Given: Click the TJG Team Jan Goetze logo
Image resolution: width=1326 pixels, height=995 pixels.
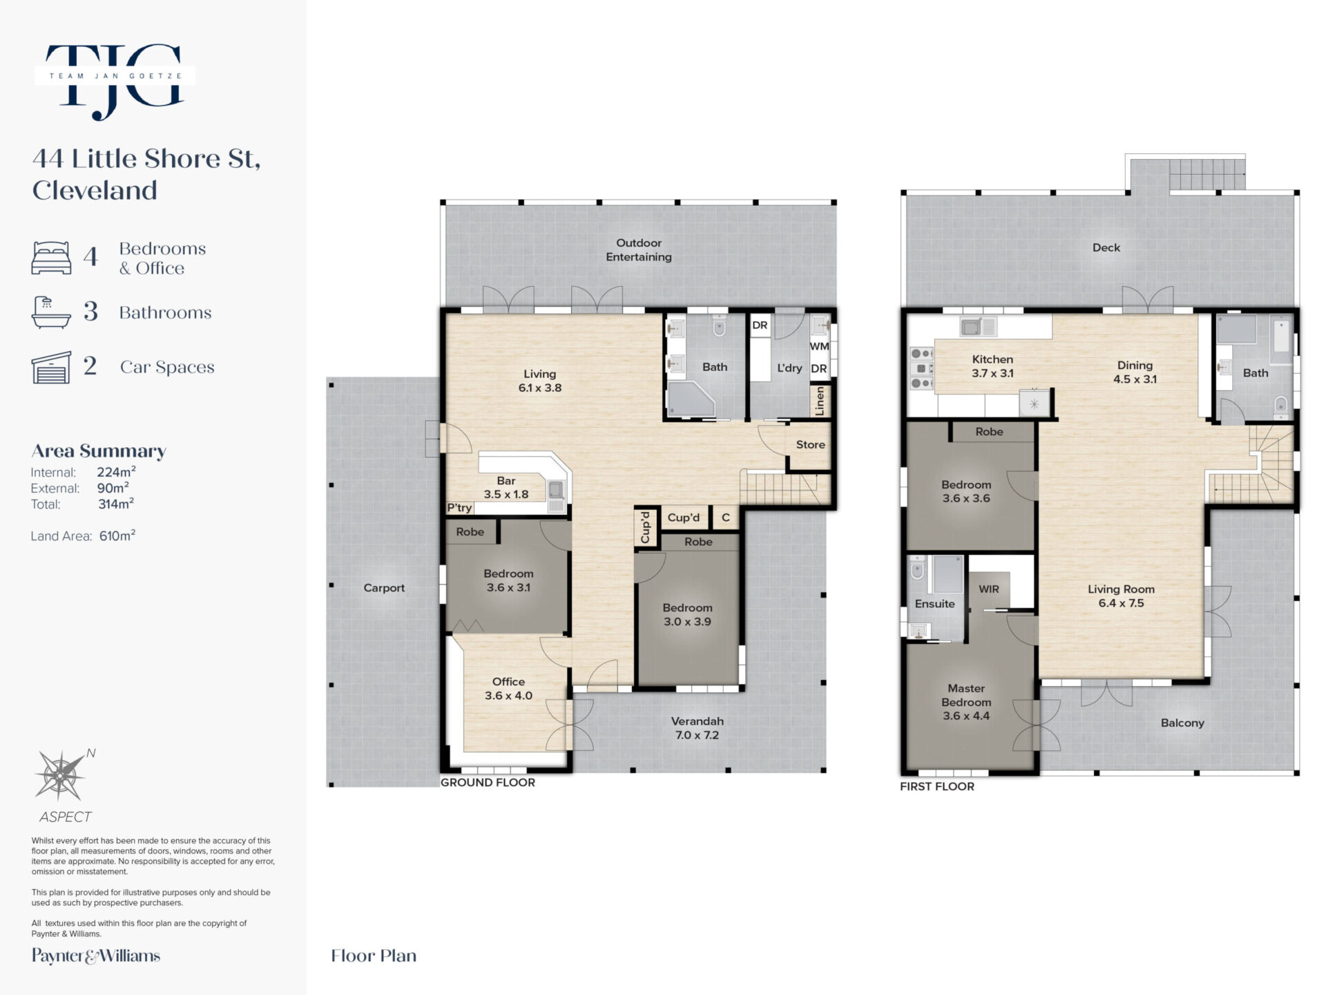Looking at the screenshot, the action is point(115,81).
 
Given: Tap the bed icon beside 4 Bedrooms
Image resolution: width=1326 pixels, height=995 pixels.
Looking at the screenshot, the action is point(51,258).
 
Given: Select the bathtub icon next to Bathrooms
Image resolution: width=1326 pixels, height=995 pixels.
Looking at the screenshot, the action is point(51,312).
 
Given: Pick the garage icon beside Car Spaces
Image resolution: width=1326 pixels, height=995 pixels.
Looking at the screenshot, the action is point(51,367).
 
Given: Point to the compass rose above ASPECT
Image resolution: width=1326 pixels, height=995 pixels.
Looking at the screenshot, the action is point(61,776).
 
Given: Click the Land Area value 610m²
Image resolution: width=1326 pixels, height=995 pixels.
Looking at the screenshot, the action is point(117,536).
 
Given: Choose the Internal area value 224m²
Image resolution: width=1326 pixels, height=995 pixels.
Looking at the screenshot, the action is point(116,472).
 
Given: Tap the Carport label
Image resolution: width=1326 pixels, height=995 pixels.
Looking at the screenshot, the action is point(384,588).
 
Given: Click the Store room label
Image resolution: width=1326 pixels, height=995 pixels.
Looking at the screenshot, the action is point(810,444).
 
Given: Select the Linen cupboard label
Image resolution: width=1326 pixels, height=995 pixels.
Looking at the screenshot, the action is point(820,400).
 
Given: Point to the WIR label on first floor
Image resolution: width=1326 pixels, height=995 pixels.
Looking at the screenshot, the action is point(989,589).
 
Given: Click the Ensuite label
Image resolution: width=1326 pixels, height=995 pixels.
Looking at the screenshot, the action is point(934,604).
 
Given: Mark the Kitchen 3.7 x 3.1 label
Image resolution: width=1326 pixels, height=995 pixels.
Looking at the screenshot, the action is point(992,366).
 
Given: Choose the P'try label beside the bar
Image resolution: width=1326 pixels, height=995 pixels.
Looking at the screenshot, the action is point(459,508).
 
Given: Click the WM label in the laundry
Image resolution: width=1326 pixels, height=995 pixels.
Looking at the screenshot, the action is point(819,346).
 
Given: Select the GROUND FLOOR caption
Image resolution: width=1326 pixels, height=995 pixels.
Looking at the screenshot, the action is point(488,782).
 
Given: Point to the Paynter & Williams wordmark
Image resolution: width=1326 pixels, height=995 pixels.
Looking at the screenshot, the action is point(96,956).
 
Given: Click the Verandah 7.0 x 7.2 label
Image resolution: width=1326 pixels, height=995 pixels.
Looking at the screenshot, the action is point(697,728).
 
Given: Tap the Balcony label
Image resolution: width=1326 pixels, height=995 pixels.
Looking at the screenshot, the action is point(1182,723).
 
